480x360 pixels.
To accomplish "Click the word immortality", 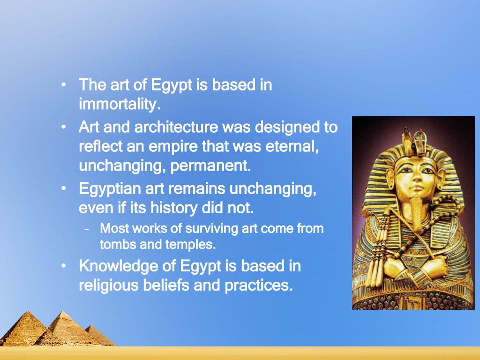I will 119,105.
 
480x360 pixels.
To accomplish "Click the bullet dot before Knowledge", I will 63,266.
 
